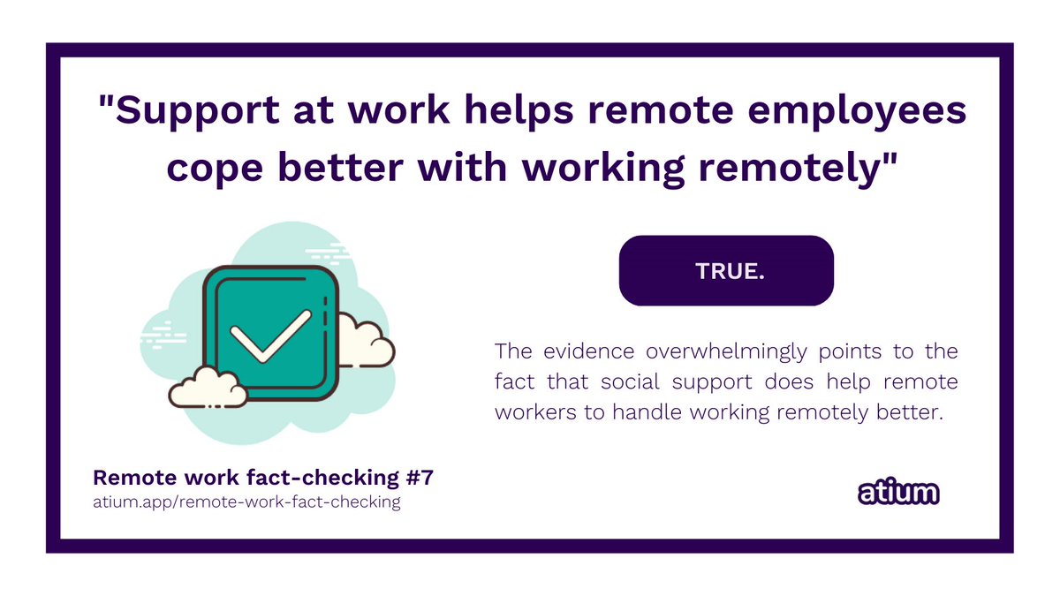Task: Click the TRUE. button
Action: (726, 271)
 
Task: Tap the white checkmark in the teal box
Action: (269, 335)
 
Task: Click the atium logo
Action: (898, 493)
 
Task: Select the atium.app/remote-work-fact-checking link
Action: (246, 502)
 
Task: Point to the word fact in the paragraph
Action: (511, 381)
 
